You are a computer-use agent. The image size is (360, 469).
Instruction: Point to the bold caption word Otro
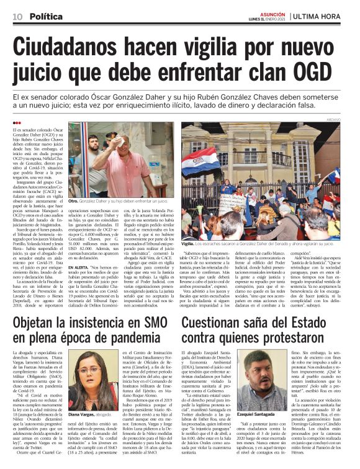click(73, 202)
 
